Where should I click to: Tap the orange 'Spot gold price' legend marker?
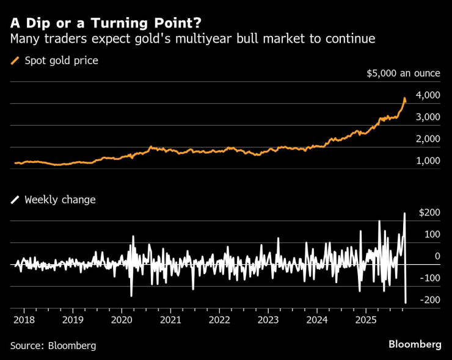[15, 61]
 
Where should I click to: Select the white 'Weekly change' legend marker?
[15, 200]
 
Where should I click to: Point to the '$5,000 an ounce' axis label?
[403, 73]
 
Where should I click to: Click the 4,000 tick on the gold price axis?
[428, 95]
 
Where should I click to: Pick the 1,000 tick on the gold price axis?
[428, 161]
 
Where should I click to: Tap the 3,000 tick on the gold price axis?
[428, 117]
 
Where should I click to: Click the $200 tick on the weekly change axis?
[430, 212]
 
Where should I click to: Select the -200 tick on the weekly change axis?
[429, 300]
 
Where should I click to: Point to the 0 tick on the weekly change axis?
[437, 256]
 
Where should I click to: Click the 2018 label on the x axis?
[24, 320]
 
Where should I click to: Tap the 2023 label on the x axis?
[268, 320]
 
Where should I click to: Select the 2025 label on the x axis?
[366, 320]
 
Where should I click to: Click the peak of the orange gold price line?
[404, 98]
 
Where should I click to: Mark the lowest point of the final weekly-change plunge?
[406, 303]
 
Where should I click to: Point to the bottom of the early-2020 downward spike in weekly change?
[131, 296]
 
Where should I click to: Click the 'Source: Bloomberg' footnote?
[53, 345]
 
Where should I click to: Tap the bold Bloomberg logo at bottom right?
[415, 344]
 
